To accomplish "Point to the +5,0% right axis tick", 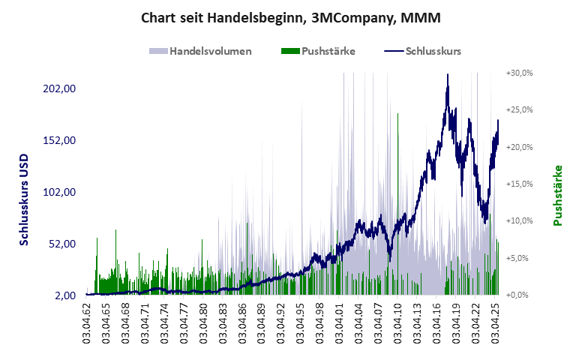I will [521, 258].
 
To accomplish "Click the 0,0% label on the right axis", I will [521, 295].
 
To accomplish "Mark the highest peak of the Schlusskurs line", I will [448, 75].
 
